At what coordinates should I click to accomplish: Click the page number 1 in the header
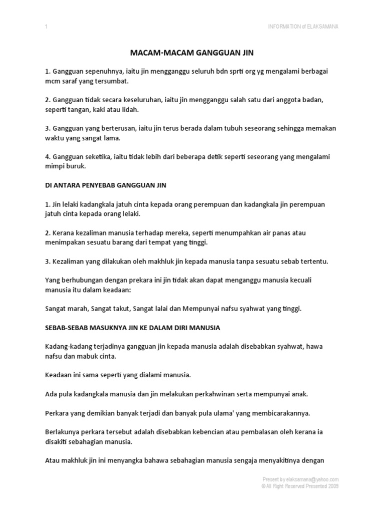[46, 27]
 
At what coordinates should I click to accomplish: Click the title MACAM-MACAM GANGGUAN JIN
[192, 53]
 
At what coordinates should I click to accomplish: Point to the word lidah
[129, 110]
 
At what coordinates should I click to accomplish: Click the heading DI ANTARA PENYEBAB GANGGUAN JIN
[105, 185]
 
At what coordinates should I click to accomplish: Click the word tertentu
[312, 262]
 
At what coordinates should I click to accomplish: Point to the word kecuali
[300, 280]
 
